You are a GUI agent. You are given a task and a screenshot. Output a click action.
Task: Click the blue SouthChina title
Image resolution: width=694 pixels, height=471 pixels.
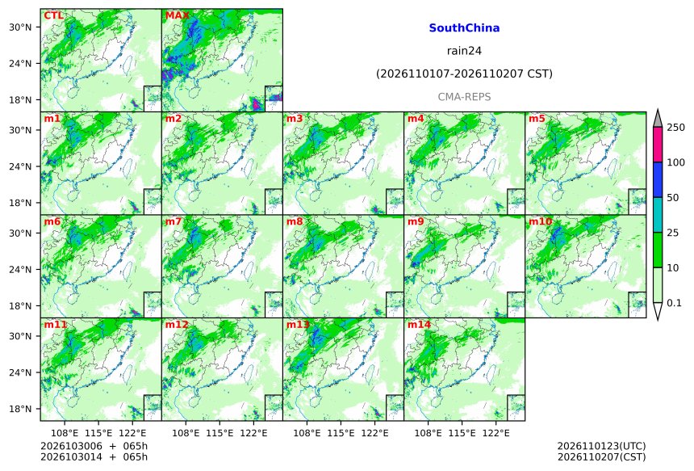click(x=464, y=28)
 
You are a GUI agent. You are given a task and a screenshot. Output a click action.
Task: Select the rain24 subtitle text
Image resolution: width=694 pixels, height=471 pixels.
click(x=464, y=51)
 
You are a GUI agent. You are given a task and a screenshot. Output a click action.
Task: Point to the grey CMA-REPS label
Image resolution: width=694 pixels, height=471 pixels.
click(x=464, y=97)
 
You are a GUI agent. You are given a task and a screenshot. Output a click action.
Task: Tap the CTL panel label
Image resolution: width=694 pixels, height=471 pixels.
click(x=53, y=15)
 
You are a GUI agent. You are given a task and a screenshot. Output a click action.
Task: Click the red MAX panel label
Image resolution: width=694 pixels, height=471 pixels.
click(x=177, y=15)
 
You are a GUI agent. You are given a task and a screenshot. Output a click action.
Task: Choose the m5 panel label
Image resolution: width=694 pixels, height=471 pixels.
click(x=537, y=119)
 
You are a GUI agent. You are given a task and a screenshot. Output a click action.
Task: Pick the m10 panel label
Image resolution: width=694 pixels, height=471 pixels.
click(x=540, y=221)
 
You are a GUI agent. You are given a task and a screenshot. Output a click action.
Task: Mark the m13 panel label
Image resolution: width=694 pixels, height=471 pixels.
click(x=298, y=325)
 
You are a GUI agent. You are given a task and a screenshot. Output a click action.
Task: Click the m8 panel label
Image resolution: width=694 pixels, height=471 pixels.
click(x=295, y=221)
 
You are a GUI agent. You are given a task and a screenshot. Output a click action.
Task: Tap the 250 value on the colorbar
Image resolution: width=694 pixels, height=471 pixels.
click(x=676, y=128)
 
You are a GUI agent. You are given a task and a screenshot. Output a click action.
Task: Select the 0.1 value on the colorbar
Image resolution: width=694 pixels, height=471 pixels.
click(x=674, y=303)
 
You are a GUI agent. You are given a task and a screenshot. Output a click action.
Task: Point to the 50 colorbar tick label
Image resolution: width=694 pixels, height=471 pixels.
click(x=673, y=198)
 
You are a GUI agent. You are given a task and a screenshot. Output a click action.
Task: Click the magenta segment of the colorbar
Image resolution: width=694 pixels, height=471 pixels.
click(x=658, y=145)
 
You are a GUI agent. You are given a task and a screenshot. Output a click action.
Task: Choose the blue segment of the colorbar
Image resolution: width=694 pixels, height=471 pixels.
click(x=658, y=179)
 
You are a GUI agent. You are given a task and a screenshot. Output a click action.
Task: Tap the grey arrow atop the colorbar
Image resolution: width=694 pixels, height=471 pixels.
click(x=658, y=119)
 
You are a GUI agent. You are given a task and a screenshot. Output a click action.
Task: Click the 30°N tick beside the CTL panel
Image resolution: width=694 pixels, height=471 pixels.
click(x=20, y=27)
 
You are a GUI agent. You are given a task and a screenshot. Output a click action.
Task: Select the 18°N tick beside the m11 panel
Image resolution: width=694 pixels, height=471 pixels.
click(x=20, y=409)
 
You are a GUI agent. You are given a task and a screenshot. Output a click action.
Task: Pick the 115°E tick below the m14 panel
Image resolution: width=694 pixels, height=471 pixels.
click(x=462, y=433)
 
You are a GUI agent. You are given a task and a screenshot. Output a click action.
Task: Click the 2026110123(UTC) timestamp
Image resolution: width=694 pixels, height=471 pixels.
click(x=601, y=446)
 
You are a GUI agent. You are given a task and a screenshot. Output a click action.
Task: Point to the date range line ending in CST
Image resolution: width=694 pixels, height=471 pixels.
click(x=464, y=74)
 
